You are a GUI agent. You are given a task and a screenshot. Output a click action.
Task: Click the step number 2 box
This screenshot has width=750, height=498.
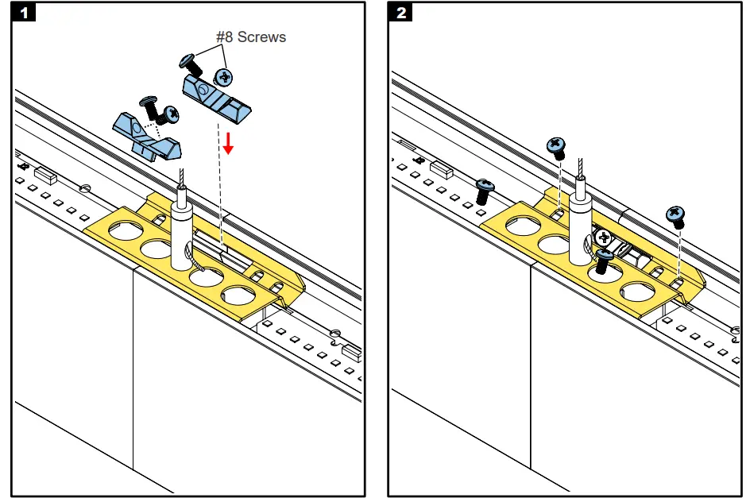coord(402,13)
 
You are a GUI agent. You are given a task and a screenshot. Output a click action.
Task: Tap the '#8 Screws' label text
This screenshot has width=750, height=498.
coord(251,37)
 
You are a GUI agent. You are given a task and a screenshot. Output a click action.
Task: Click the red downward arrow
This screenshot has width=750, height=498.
coord(228,144)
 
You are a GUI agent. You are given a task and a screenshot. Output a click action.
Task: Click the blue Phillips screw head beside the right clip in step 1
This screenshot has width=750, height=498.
coord(224,77)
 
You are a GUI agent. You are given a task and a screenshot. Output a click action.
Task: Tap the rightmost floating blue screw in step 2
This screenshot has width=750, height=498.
coord(676,214)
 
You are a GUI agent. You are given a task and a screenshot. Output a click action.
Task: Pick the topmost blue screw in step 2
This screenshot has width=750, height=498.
coord(555,145)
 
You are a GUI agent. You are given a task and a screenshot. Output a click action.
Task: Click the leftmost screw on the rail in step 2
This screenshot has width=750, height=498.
coord(484,190)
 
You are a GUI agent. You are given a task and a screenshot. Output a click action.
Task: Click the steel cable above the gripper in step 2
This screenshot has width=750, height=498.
coord(581,168)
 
